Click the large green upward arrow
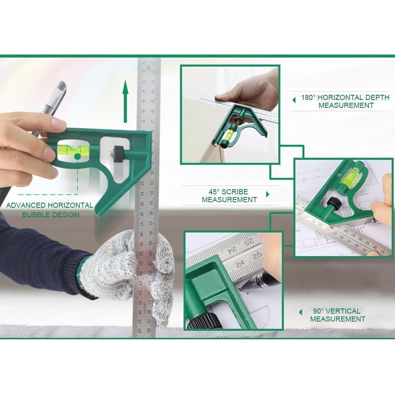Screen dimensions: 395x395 (126, 101)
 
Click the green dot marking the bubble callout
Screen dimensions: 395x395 (77, 157)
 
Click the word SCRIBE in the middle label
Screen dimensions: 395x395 (236, 192)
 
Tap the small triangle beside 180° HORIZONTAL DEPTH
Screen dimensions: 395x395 (293, 100)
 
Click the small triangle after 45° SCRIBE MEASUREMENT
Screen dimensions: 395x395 (268, 194)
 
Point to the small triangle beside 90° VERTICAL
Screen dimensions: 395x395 (301, 312)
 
